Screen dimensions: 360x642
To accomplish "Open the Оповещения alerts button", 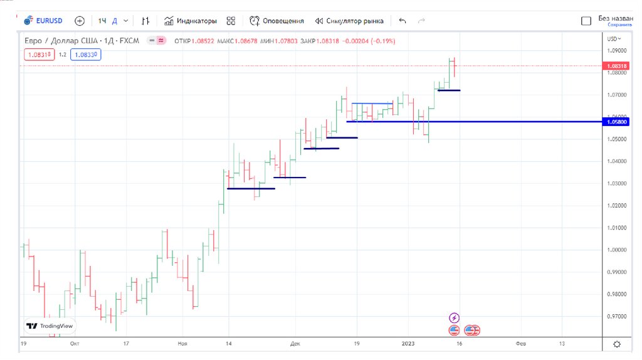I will pyautogui.click(x=276, y=21).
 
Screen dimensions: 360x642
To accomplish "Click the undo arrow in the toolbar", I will pyautogui.click(x=403, y=21).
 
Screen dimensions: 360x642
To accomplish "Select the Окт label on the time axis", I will pyautogui.click(x=75, y=344).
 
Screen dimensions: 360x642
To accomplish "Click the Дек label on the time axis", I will pyautogui.click(x=295, y=344).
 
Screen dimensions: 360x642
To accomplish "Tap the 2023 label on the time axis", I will pyautogui.click(x=408, y=344).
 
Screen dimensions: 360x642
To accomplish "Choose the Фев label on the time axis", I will pyautogui.click(x=520, y=344).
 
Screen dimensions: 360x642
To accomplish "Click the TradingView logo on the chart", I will pyautogui.click(x=50, y=326).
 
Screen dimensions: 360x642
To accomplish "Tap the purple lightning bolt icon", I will pyautogui.click(x=455, y=318).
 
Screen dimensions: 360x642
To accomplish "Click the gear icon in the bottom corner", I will pyautogui.click(x=617, y=344).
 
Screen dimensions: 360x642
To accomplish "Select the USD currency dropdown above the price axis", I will pyautogui.click(x=614, y=39).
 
